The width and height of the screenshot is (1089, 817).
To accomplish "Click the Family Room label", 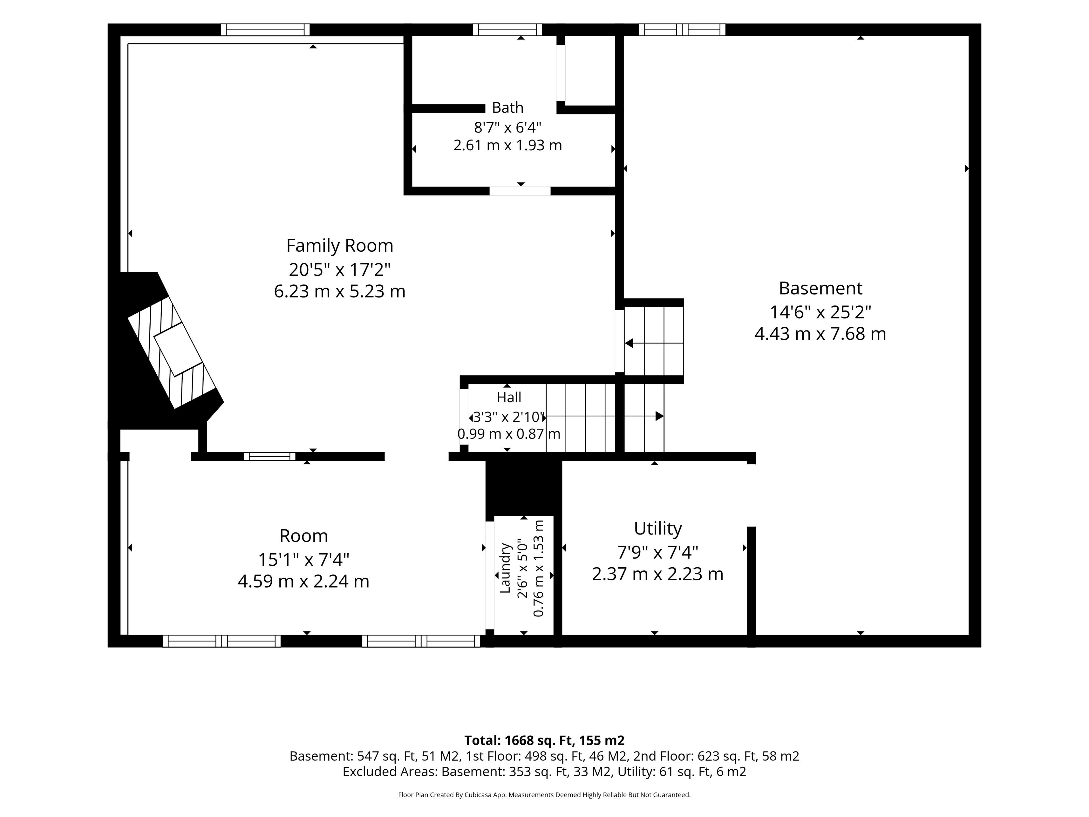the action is tap(340, 245).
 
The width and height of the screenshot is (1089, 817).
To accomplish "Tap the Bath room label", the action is tap(508, 107).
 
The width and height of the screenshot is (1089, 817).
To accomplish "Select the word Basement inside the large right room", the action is tap(820, 288).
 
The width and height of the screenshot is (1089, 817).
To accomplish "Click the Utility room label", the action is tap(658, 528).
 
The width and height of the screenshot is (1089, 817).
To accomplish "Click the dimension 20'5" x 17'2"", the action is tap(340, 269).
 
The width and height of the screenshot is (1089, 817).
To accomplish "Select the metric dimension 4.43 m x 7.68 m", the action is tap(820, 334).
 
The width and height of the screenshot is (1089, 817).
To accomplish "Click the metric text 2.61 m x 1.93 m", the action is tap(508, 145).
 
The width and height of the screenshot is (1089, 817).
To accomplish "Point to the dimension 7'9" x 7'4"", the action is tap(658, 553).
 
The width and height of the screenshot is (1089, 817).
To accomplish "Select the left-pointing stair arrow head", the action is tap(629, 343).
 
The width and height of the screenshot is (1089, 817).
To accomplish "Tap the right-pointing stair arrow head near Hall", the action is tap(660, 416).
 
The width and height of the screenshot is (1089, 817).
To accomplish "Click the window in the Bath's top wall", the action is tap(508, 30).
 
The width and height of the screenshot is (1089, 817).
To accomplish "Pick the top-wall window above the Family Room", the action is tap(265, 30).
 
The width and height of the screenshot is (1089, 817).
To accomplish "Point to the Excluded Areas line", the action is tap(544, 772).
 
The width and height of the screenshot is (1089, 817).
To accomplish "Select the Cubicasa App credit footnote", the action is tap(544, 795).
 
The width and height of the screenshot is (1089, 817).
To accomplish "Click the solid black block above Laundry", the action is tap(524, 488).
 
